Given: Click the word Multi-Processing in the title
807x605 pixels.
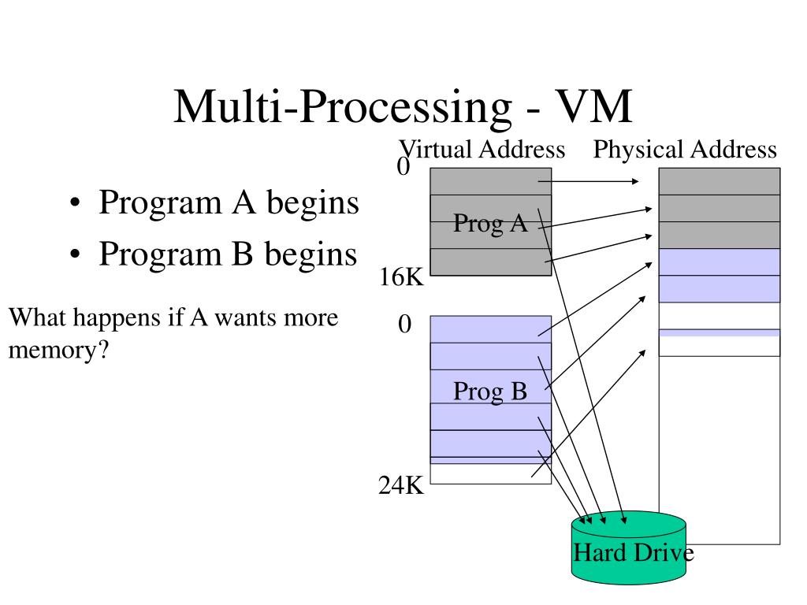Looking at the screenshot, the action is [343, 106].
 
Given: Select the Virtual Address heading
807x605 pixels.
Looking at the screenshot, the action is [482, 149].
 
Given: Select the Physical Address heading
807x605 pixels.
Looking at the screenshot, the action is [685, 149].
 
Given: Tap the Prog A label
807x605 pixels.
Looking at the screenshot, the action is [490, 223].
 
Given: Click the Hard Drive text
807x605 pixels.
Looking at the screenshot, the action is [634, 552].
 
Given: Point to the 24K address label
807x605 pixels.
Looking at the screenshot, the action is [401, 484].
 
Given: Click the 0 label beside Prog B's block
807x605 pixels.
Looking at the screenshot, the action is [404, 324].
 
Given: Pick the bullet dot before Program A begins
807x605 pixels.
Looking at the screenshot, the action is [75, 202].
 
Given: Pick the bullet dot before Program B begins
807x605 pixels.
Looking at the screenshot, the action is [75, 254].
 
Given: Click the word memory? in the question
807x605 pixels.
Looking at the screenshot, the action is [59, 350].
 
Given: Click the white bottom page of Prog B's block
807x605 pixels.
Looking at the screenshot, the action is [490, 473].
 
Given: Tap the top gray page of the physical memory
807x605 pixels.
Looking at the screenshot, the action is [720, 181].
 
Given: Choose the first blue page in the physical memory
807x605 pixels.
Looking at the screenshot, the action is [720, 262].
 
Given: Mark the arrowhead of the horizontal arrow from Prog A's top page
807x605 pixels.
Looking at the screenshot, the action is [636, 181].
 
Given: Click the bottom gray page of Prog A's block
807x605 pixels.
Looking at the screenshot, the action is [490, 262].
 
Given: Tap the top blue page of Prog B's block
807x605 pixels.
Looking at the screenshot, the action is [490, 329].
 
